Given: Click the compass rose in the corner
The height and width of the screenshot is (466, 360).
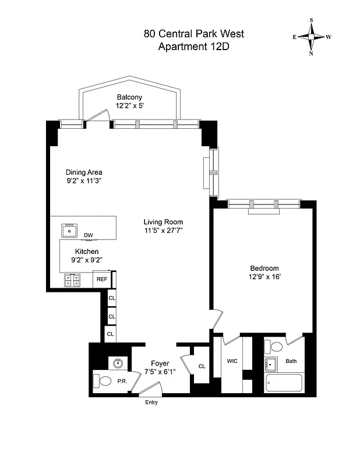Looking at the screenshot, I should click(x=312, y=36).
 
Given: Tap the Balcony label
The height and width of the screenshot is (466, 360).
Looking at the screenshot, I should click(x=129, y=97).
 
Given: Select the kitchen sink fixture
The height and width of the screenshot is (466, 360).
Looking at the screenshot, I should click(x=71, y=231).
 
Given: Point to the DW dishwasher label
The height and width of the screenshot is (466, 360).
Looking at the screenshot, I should click(x=89, y=235).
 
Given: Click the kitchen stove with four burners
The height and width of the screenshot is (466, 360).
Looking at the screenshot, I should click(x=73, y=280).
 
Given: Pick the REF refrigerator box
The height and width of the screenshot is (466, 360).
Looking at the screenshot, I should click(x=101, y=280).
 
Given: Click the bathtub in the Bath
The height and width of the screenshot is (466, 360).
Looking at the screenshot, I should click(x=284, y=384).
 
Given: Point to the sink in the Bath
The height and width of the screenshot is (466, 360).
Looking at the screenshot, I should click(x=271, y=365).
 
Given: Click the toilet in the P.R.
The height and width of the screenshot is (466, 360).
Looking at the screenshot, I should click(x=104, y=382).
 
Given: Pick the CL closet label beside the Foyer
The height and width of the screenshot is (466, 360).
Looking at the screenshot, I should click(x=202, y=366).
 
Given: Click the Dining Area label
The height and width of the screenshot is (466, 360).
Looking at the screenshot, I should click(x=84, y=172).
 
